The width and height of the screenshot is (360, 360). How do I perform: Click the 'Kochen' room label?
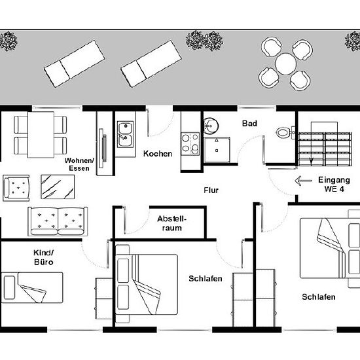tap(158, 154)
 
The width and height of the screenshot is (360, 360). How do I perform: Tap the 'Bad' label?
tap(249, 124)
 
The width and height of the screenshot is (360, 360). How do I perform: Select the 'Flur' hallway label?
tap(211, 190)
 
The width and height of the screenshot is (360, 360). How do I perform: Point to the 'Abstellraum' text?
tap(171, 223)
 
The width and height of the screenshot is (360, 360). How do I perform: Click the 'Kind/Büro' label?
tap(44, 257)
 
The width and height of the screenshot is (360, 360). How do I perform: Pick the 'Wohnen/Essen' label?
tap(79, 164)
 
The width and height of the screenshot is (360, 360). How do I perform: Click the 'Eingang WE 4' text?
tap(334, 185)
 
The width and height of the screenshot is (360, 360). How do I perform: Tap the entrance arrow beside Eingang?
tap(304, 181)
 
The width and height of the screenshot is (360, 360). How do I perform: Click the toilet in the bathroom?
tap(285, 132)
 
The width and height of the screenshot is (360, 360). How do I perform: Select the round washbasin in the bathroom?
tap(211, 126)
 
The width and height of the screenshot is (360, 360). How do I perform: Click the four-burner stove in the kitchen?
tap(190, 144)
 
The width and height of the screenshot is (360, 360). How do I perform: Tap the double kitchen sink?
tap(126, 134)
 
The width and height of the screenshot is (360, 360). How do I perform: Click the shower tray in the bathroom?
tap(217, 150)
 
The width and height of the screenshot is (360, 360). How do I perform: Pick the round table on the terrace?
tap(285, 63)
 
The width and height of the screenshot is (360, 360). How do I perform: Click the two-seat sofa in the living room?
tap(58, 221)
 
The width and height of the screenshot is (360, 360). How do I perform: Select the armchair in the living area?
tap(16, 188)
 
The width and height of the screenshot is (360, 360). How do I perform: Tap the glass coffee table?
tap(58, 187)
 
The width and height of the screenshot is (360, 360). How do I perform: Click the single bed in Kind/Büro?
tap(32, 288)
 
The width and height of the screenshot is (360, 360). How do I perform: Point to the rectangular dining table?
tap(41, 135)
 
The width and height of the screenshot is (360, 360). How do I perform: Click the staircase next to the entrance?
tap(325, 144)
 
